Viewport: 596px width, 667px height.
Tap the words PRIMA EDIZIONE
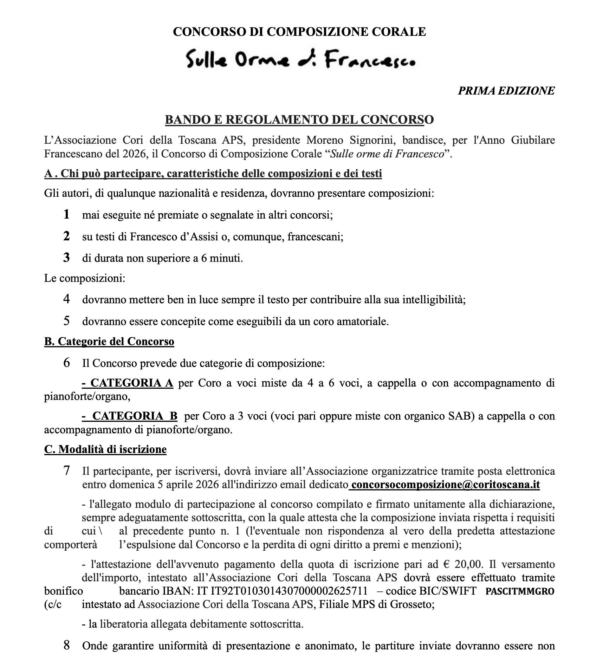click(x=506, y=91)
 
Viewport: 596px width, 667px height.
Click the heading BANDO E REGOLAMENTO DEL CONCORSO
click(x=299, y=120)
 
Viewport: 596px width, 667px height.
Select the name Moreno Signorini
click(x=351, y=140)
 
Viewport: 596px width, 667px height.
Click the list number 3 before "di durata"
click(x=66, y=258)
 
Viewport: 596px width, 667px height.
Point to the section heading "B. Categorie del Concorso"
click(x=109, y=342)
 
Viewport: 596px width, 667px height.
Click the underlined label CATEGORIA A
click(x=128, y=383)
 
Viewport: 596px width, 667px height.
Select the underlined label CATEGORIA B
click(x=130, y=416)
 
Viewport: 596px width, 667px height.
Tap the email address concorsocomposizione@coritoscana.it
click(x=445, y=485)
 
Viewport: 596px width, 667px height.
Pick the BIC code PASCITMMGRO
click(x=520, y=591)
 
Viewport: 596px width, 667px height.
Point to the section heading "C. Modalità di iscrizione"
click(x=105, y=449)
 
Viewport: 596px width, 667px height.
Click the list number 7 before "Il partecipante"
click(x=66, y=471)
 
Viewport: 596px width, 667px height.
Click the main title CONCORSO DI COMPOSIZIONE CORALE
click(x=299, y=32)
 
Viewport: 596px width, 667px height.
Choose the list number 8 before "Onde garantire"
click(x=66, y=645)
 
